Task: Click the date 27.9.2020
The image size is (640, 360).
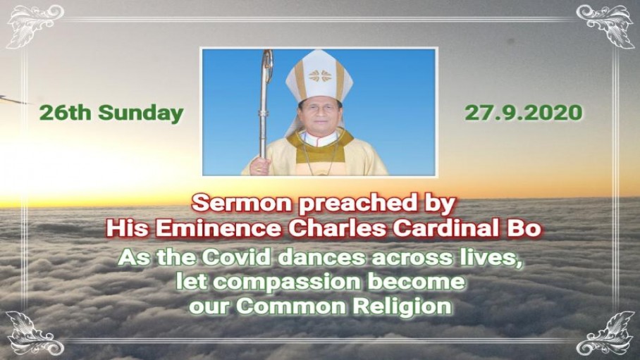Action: point(523,113)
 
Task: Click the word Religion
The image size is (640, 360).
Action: point(402,307)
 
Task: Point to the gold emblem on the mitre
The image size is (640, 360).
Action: point(319,75)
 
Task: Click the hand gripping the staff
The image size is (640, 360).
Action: point(259,166)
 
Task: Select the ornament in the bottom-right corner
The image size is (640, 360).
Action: point(605,333)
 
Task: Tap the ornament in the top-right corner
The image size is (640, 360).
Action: point(605,26)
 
